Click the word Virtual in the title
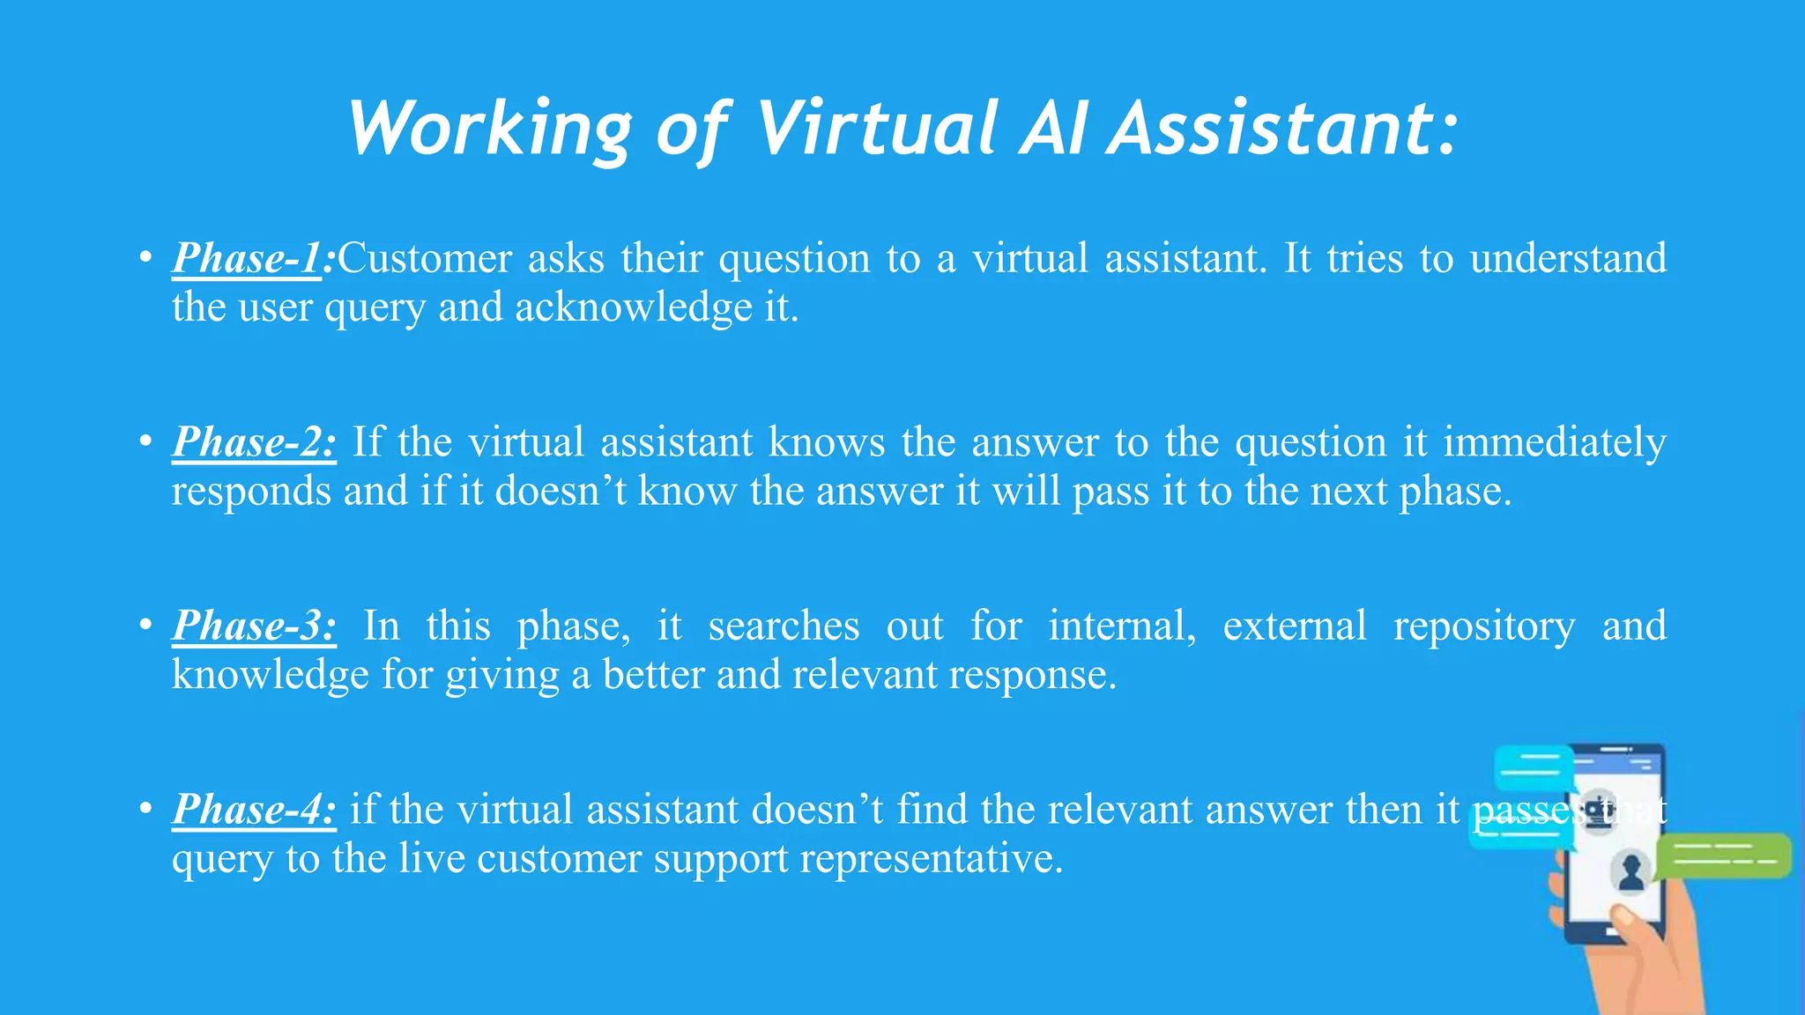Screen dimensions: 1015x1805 click(877, 129)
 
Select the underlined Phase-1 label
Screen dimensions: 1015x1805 click(247, 258)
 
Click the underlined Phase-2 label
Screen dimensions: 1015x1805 click(254, 441)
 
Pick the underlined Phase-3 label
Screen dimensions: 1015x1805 click(254, 626)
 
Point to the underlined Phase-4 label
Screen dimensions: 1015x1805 click(254, 809)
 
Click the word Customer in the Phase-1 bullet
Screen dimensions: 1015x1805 click(425, 258)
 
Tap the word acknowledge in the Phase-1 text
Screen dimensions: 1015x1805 click(634, 307)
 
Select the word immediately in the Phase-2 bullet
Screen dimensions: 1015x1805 click(1554, 442)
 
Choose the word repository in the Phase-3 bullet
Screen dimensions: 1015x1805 click(1484, 626)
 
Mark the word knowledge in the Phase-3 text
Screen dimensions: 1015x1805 click(270, 675)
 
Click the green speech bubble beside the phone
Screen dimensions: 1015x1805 click(1723, 856)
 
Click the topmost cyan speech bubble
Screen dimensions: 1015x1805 click(1534, 767)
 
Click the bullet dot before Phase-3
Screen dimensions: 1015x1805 click(145, 626)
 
